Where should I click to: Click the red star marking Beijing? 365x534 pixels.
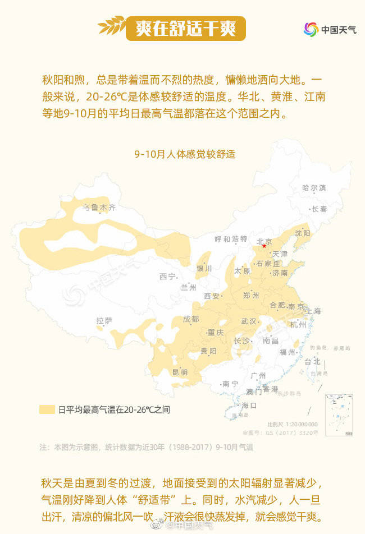(x=264, y=246)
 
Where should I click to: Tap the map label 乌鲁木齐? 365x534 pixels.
(x=99, y=208)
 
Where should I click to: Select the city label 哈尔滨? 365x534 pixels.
(x=314, y=188)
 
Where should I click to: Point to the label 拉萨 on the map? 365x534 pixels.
(x=104, y=321)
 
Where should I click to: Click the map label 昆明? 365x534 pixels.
(x=180, y=372)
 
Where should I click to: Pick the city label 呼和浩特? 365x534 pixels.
(x=231, y=239)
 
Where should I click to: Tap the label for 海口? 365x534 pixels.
(x=249, y=405)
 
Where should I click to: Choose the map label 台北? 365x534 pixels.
(x=312, y=362)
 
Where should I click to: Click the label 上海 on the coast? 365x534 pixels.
(x=313, y=311)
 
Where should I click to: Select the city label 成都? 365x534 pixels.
(x=191, y=319)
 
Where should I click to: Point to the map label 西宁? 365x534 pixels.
(x=167, y=276)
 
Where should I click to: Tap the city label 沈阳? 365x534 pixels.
(x=303, y=233)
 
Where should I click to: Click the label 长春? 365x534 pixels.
(x=320, y=209)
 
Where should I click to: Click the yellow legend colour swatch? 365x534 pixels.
(x=47, y=409)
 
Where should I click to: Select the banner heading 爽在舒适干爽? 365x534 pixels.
(x=185, y=27)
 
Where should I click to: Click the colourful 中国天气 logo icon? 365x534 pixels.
(x=311, y=29)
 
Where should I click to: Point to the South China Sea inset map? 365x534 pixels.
(x=339, y=414)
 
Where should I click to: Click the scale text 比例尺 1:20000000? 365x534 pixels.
(x=292, y=424)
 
